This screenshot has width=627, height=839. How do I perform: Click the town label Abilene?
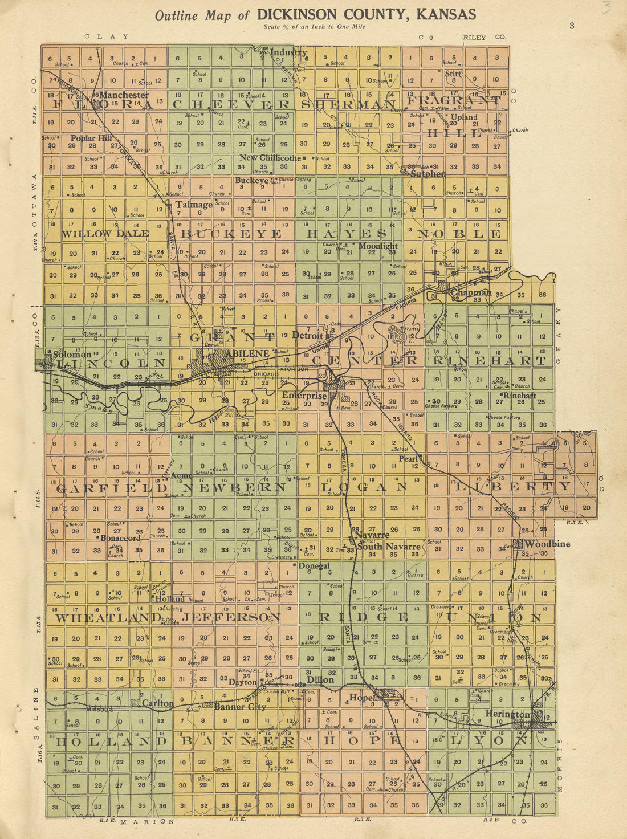tap(247, 353)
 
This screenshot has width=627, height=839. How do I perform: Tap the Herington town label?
tap(507, 714)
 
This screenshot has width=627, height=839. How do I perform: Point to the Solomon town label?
tap(72, 354)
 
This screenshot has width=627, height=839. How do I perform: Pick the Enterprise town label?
tap(304, 395)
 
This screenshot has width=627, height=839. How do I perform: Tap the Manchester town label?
tap(124, 95)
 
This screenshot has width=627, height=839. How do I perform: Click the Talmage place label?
tap(194, 205)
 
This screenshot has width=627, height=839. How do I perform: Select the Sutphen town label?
tap(428, 173)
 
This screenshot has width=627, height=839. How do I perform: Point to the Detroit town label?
tap(308, 335)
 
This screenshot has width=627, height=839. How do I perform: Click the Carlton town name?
tap(158, 703)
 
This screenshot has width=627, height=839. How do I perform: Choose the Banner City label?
tap(240, 707)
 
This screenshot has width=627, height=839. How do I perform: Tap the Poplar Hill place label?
tap(91, 138)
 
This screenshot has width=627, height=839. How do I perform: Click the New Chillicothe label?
tap(270, 158)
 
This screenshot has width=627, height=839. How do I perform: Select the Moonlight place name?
tap(378, 246)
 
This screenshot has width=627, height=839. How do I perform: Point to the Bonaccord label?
tap(120, 537)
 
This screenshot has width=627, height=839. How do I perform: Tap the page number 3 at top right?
tap(571, 25)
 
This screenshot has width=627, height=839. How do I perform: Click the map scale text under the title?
tap(315, 27)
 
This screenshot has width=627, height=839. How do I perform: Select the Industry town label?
tap(288, 52)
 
